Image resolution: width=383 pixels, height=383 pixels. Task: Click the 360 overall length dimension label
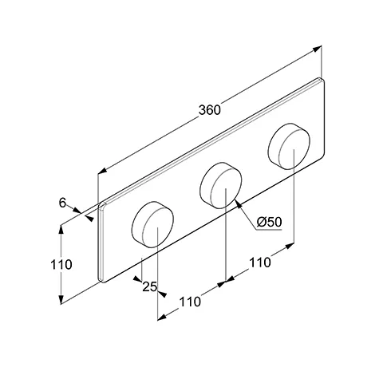point(210,110)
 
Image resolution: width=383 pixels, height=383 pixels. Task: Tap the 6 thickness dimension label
point(62,203)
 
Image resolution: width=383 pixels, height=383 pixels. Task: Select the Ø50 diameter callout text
point(269,222)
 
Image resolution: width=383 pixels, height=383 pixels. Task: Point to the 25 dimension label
point(149,286)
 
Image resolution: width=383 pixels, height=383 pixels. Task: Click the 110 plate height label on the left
point(61,265)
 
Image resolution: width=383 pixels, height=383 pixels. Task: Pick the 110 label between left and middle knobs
point(190,302)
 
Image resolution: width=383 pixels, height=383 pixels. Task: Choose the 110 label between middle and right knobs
point(260,263)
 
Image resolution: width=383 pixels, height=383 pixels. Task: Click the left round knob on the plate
point(152,224)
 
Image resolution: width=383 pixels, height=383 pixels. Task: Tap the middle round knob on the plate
point(221,185)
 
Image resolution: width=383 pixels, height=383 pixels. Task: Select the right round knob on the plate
point(289,146)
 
